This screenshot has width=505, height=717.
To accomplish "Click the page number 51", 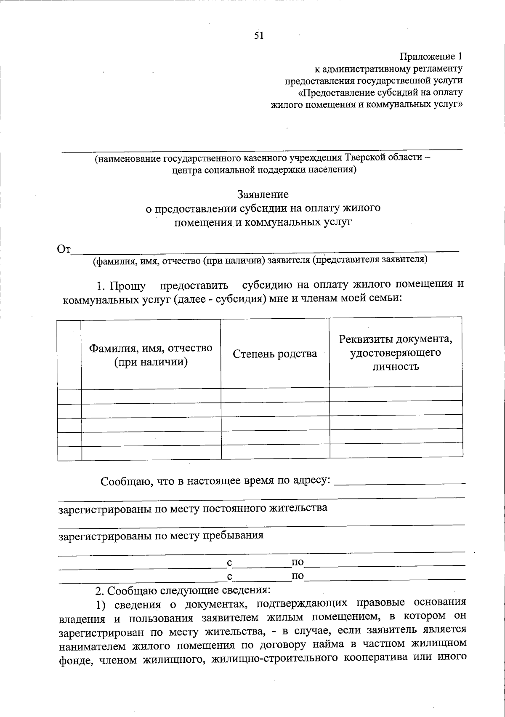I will tap(259, 36).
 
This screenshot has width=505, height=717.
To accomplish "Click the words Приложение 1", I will tap(431, 56).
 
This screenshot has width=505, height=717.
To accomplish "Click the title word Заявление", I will tap(263, 195).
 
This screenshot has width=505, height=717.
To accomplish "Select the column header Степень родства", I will tap(275, 354).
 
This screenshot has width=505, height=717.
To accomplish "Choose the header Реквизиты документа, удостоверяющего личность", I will tap(396, 353).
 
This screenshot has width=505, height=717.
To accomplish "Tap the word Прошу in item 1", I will tap(128, 286).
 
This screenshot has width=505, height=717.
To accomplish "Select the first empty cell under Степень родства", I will tap(275, 394).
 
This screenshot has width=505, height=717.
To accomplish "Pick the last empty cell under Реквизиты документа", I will tap(396, 451).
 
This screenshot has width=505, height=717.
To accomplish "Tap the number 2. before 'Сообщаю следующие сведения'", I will tap(99, 591).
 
